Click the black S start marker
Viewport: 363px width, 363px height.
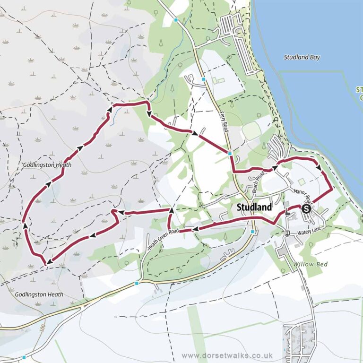[306, 208]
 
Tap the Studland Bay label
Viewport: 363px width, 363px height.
[302, 58]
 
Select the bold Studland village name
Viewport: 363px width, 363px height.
[254, 207]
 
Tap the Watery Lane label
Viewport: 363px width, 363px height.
[309, 233]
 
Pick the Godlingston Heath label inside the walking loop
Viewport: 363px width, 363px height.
[47, 165]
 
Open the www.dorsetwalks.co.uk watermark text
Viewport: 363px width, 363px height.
[227, 355]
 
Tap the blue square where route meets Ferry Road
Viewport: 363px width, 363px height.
[229, 153]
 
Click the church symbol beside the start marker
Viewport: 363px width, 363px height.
[289, 214]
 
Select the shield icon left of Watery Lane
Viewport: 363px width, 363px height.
[287, 233]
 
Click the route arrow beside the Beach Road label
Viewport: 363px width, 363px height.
[274, 168]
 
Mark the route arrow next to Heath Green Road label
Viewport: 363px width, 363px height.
[194, 229]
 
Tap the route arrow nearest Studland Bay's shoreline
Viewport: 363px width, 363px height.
[319, 168]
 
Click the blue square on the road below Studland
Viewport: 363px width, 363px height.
[253, 232]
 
